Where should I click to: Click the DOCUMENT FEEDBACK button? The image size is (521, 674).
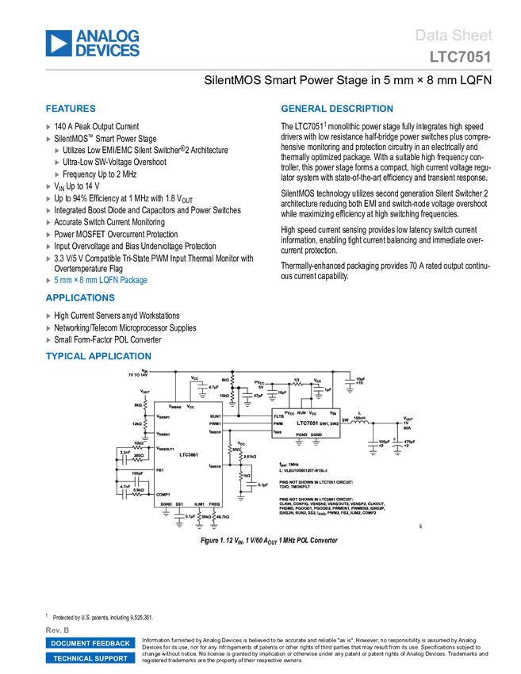pyautogui.click(x=90, y=643)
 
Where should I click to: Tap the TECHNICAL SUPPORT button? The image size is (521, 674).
pyautogui.click(x=90, y=658)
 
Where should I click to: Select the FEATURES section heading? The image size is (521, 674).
pyautogui.click(x=71, y=109)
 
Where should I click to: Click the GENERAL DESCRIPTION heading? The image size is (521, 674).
pyautogui.click(x=336, y=109)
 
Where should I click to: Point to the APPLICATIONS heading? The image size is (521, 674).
pyautogui.click(x=80, y=298)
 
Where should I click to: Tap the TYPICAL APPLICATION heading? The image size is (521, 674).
pyautogui.click(x=98, y=354)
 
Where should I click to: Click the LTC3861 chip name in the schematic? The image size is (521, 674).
pyautogui.click(x=189, y=455)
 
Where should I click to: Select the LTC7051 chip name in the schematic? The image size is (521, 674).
pyautogui.click(x=308, y=423)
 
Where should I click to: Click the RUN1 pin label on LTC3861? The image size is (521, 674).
pyautogui.click(x=215, y=416)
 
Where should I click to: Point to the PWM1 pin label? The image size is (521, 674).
pyautogui.click(x=215, y=424)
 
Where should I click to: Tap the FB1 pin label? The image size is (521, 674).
pyautogui.click(x=160, y=470)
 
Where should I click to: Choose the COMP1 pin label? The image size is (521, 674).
pyautogui.click(x=163, y=494)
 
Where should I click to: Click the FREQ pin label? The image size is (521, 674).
pyautogui.click(x=214, y=504)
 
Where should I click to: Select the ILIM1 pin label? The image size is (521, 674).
pyautogui.click(x=198, y=504)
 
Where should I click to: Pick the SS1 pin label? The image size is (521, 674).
pyautogui.click(x=180, y=504)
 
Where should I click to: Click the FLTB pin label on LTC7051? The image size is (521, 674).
pyautogui.click(x=278, y=416)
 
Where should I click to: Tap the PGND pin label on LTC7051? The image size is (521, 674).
pyautogui.click(x=301, y=435)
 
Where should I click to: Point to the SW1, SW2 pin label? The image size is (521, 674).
pyautogui.click(x=329, y=424)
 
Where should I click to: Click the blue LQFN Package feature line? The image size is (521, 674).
pyautogui.click(x=101, y=280)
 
